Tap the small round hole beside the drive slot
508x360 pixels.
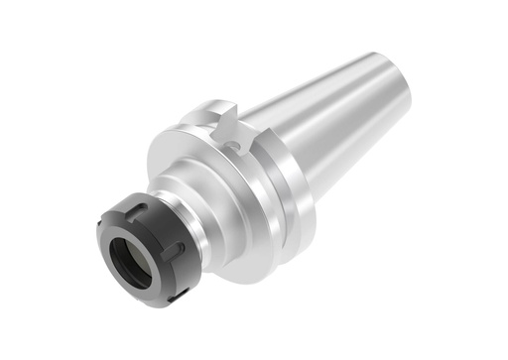234,147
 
